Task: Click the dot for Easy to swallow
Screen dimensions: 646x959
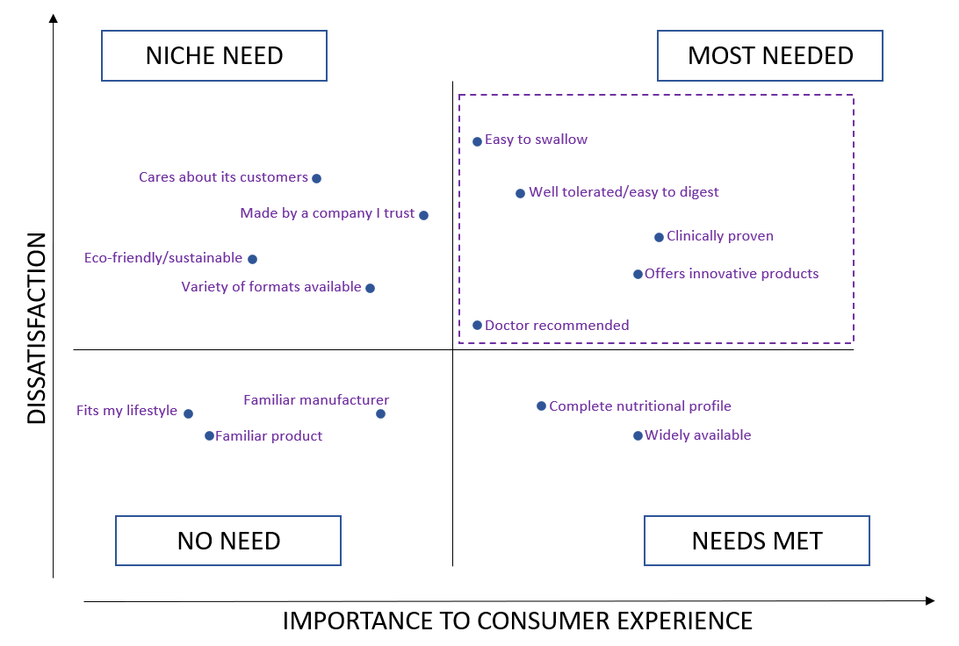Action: (x=477, y=141)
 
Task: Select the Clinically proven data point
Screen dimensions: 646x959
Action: (x=659, y=237)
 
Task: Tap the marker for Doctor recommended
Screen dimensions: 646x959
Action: (x=477, y=326)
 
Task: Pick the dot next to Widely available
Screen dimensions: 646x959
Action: (x=638, y=436)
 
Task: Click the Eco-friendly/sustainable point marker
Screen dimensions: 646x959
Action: (x=252, y=259)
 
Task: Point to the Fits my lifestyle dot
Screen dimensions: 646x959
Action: (x=188, y=413)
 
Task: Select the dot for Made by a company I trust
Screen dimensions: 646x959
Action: (x=423, y=215)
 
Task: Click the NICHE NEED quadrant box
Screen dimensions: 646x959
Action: (x=214, y=56)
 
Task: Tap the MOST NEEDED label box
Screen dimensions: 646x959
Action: (x=770, y=56)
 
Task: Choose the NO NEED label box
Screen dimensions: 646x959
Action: (x=228, y=541)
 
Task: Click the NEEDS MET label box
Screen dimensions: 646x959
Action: (x=757, y=541)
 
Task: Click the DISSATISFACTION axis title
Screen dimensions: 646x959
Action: (x=36, y=328)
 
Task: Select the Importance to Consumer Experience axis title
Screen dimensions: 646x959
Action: (x=517, y=621)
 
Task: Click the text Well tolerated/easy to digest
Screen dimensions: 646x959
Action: (x=624, y=192)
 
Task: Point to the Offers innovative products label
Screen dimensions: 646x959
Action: (x=732, y=274)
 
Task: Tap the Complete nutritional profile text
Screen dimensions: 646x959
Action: (x=640, y=406)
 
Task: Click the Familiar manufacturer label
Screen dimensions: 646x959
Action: (x=316, y=400)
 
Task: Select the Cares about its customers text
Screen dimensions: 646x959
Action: (x=223, y=177)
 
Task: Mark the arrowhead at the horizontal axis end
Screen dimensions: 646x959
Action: (x=930, y=601)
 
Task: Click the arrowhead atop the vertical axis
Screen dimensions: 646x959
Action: (x=54, y=18)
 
